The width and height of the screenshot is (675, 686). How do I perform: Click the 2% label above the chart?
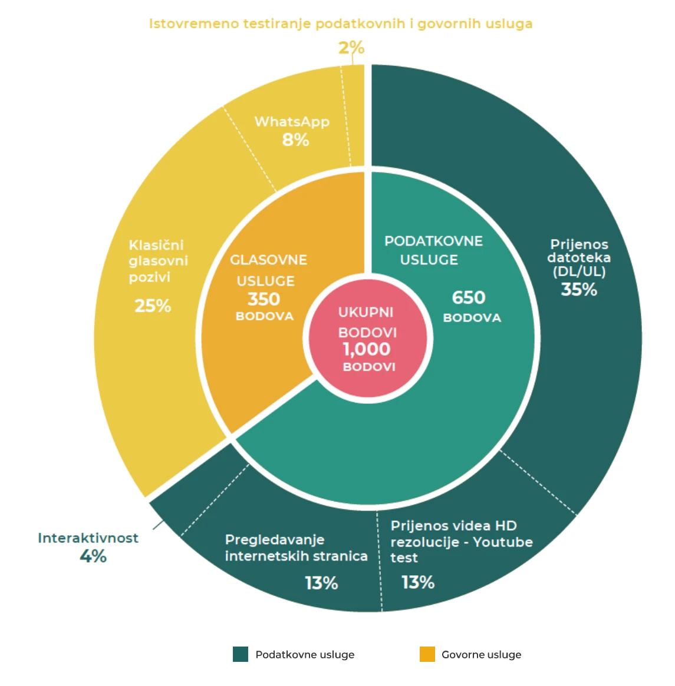(x=351, y=48)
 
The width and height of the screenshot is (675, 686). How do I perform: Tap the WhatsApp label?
(x=292, y=121)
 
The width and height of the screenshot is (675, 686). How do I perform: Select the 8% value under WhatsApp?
(x=296, y=140)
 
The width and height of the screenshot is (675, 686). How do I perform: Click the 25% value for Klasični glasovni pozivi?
(x=153, y=306)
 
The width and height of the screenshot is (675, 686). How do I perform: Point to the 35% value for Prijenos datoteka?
(x=579, y=289)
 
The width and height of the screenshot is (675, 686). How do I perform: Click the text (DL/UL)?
(x=579, y=271)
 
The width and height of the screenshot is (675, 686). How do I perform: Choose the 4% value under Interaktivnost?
(x=93, y=556)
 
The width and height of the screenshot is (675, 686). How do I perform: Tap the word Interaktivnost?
(x=88, y=538)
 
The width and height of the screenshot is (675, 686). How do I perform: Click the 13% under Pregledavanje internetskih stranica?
(x=321, y=583)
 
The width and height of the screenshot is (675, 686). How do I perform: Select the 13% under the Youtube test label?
(x=419, y=582)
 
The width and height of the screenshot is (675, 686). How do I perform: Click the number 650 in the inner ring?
(x=469, y=297)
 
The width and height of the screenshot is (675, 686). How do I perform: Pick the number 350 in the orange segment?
(x=264, y=299)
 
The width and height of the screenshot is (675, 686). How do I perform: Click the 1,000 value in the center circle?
(x=366, y=349)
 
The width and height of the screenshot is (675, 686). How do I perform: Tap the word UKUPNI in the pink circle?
(x=366, y=312)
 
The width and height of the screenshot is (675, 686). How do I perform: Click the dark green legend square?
(x=241, y=654)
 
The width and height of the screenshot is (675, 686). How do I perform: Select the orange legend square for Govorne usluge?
(x=427, y=654)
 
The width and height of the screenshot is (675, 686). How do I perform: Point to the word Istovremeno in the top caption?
(x=194, y=24)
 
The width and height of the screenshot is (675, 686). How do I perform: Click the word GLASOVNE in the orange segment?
(x=268, y=260)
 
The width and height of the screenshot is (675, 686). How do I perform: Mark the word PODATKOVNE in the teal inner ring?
(x=434, y=241)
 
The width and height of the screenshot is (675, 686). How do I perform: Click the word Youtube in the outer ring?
(x=503, y=542)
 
